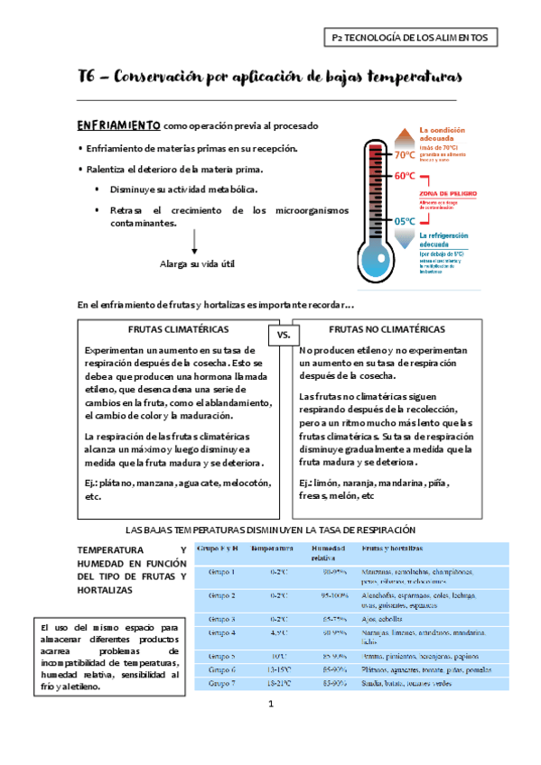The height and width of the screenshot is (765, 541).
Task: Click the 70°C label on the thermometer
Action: (406, 154)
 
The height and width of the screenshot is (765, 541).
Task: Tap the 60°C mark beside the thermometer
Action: (406, 176)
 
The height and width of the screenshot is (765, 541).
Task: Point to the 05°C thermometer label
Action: (405, 221)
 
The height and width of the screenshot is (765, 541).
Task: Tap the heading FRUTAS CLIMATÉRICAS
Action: (178, 329)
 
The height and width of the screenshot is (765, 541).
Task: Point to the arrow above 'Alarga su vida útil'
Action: (196, 242)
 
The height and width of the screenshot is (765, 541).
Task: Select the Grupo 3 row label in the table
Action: (222, 619)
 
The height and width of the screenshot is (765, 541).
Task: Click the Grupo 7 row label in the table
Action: (222, 684)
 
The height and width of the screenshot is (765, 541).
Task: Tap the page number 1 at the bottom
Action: (270, 728)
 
